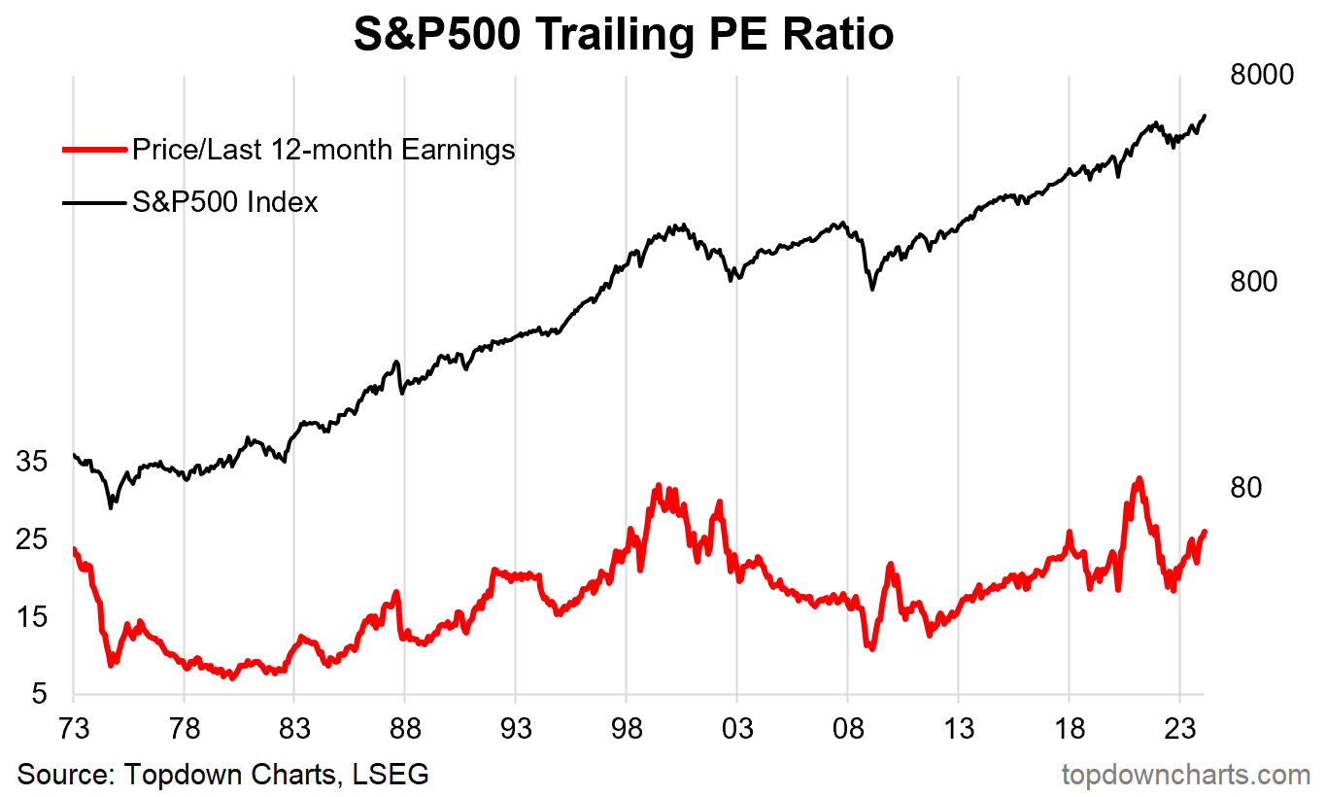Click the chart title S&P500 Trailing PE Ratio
coord(623,36)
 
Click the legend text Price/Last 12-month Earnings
coord(323,150)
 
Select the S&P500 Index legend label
coord(225,202)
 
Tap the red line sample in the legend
coord(94,150)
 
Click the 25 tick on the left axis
coord(32,539)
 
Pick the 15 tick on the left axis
coord(32,617)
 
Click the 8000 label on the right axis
coord(1262,76)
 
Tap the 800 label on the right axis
coord(1253,282)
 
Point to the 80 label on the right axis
coord(1245,488)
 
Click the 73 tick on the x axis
coord(73,730)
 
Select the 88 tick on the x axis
coord(404,730)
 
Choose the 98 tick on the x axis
coord(626,730)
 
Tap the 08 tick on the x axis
coord(847,730)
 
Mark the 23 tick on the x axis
coord(1178,730)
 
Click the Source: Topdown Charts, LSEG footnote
coord(223,775)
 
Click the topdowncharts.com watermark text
coord(1185,775)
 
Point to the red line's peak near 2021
coord(1139,479)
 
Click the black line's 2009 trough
coord(872,289)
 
